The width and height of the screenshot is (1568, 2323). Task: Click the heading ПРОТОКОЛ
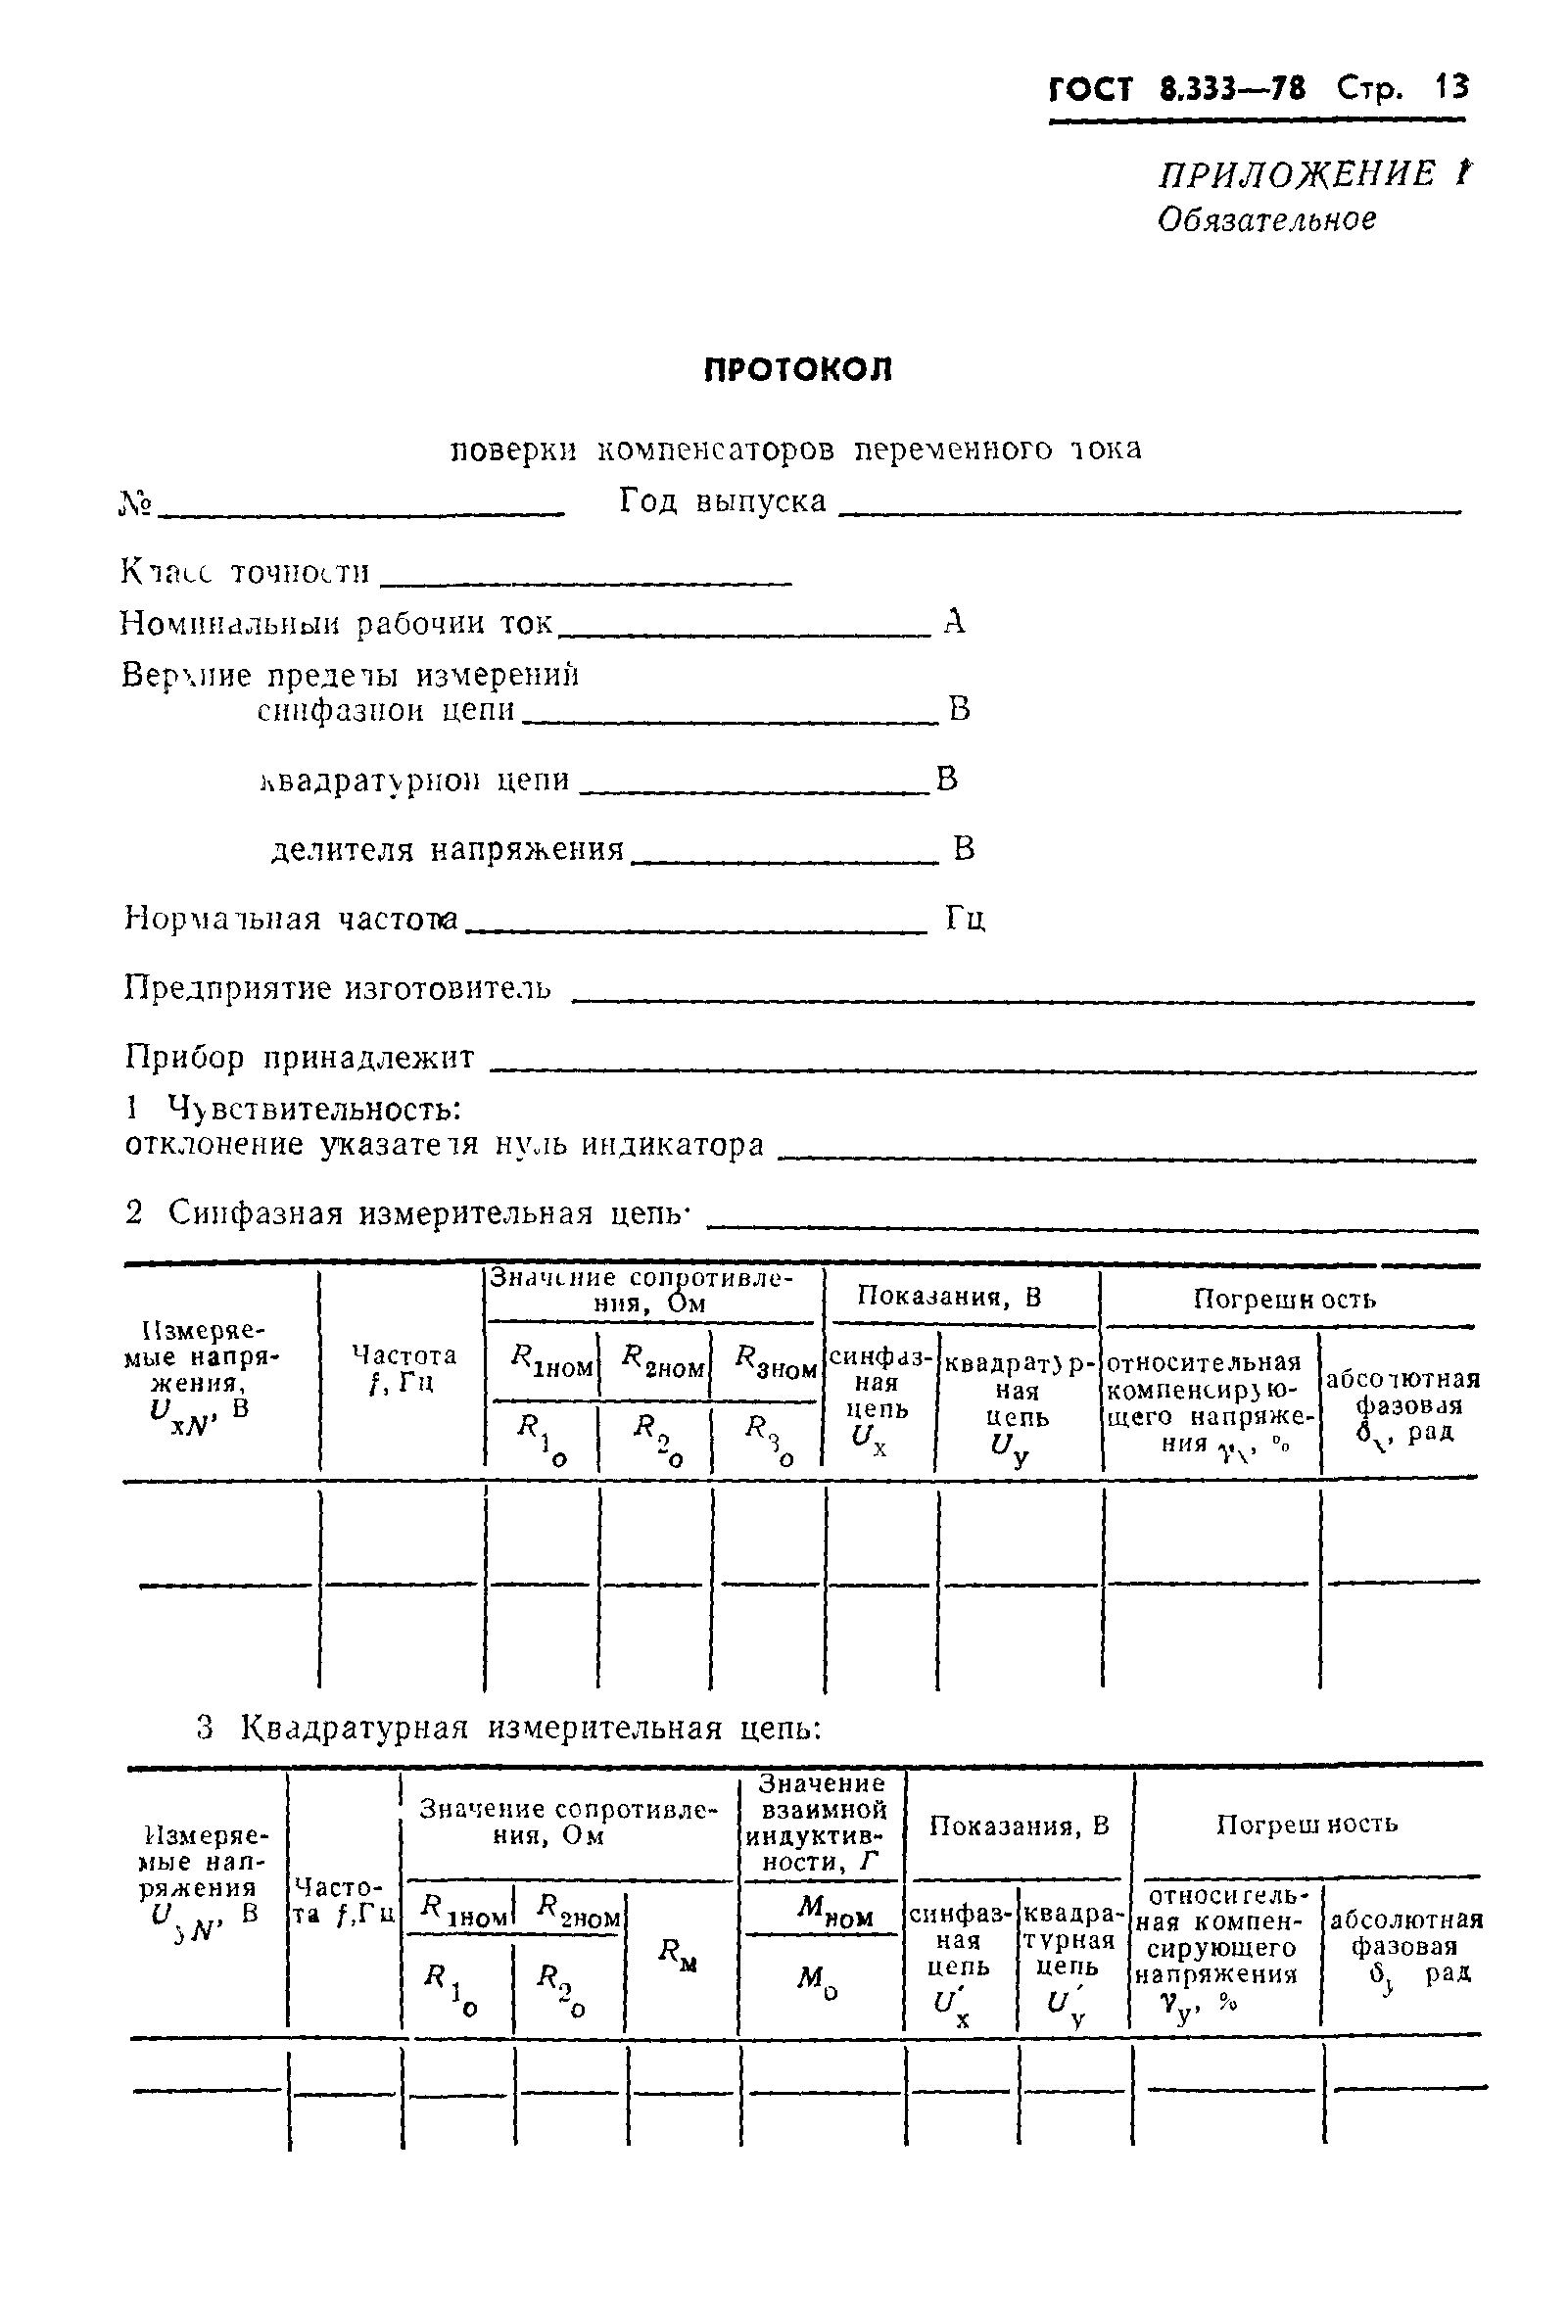pos(797,370)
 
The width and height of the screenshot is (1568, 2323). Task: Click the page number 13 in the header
pos(1450,88)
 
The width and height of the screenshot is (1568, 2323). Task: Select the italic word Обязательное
pos(1266,220)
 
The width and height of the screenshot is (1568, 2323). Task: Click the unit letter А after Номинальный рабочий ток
pos(954,623)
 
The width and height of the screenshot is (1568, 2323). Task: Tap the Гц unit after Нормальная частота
pos(966,918)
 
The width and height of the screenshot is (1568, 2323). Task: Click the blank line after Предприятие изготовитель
pos(1020,1001)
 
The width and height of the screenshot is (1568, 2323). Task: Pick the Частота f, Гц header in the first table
pos(403,1367)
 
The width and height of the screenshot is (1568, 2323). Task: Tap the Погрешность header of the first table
pos(1284,1300)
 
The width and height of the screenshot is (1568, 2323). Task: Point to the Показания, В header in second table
pos(1019,1826)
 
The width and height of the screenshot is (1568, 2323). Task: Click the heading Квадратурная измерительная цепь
pos(530,1728)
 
